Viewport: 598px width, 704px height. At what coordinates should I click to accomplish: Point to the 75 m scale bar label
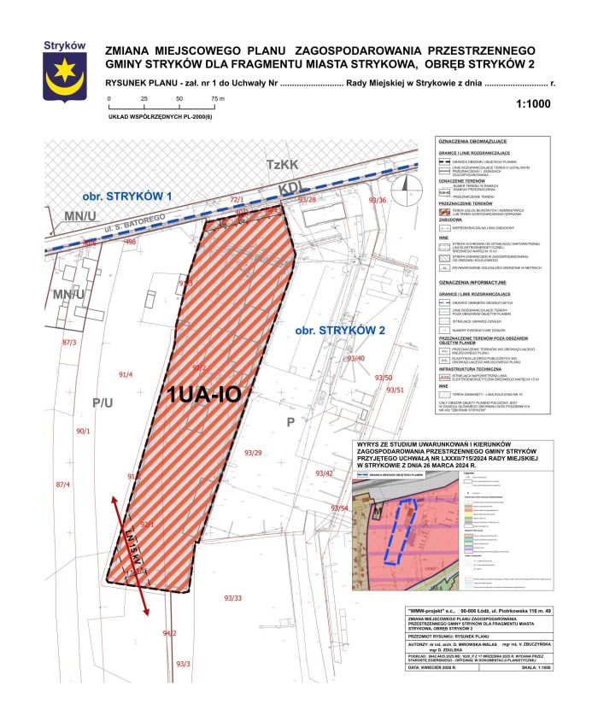(217, 99)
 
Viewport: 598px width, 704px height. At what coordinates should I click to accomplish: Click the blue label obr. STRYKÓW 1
(129, 197)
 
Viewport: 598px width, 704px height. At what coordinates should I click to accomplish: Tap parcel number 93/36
(377, 200)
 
